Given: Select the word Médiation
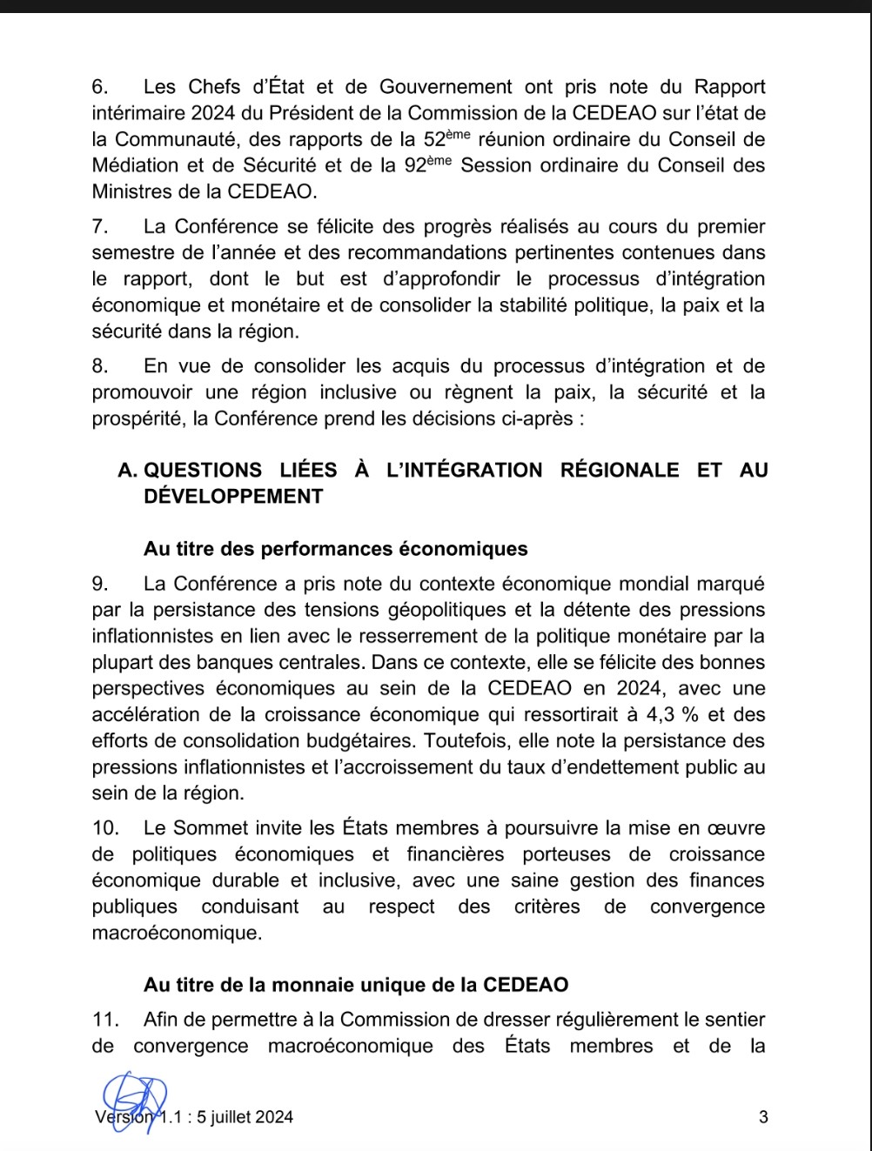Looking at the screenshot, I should (135, 165).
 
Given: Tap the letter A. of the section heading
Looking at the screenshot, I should (127, 471).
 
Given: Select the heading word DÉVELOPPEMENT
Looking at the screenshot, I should (233, 497).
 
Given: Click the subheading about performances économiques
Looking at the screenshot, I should (336, 549).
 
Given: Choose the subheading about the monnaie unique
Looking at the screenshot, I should (356, 985).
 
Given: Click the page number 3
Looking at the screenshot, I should (763, 1118).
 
